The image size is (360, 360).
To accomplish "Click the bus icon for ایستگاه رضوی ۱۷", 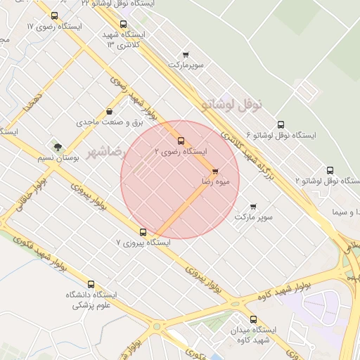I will coord(55,15).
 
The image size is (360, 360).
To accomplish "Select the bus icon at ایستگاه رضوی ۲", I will coord(181,141).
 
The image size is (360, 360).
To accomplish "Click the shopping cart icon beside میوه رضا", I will coord(215,171).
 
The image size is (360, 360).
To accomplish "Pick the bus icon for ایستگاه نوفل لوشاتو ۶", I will coord(281,124).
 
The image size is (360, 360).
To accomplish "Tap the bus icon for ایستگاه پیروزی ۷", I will coord(143,232).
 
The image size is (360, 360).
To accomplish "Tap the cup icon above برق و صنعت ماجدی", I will coord(109,112).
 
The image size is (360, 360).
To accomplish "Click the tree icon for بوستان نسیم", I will coord(58,147).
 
